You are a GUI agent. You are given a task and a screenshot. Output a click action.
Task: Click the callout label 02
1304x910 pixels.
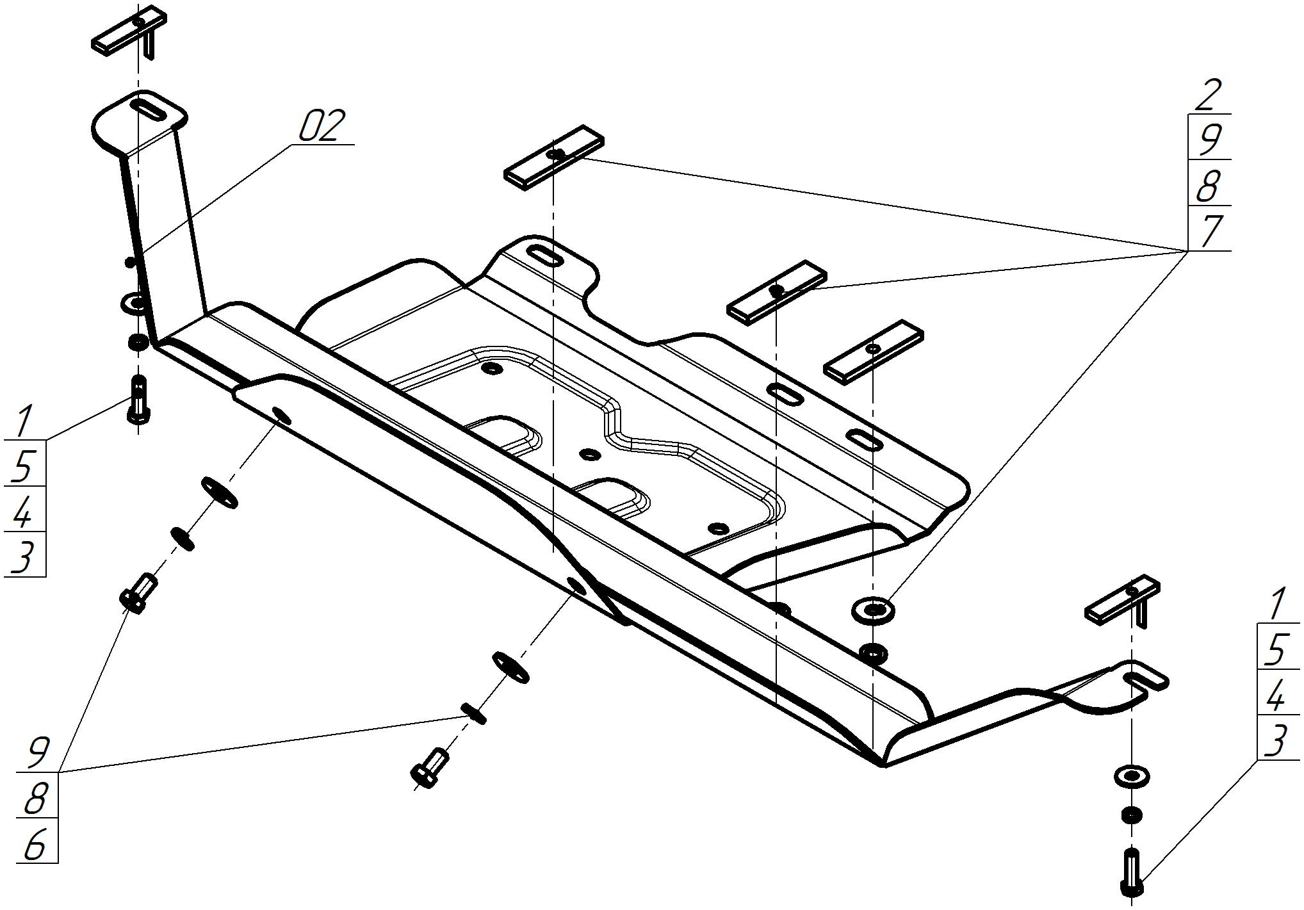coord(322,126)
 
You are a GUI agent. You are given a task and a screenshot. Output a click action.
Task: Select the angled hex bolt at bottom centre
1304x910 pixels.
coord(429,768)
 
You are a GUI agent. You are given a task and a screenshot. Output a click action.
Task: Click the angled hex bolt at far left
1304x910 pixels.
coord(138,592)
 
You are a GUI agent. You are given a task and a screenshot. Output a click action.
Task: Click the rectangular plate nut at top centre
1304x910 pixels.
coord(554,157)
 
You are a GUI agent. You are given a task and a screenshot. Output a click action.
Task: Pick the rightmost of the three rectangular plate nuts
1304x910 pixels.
coord(873,350)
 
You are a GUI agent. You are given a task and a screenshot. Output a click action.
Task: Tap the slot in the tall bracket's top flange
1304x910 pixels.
coord(149,109)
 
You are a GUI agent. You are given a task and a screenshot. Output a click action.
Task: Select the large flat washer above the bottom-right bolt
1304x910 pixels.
coord(1132,777)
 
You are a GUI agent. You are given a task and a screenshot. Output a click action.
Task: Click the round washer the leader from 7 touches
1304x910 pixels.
coord(874,609)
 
